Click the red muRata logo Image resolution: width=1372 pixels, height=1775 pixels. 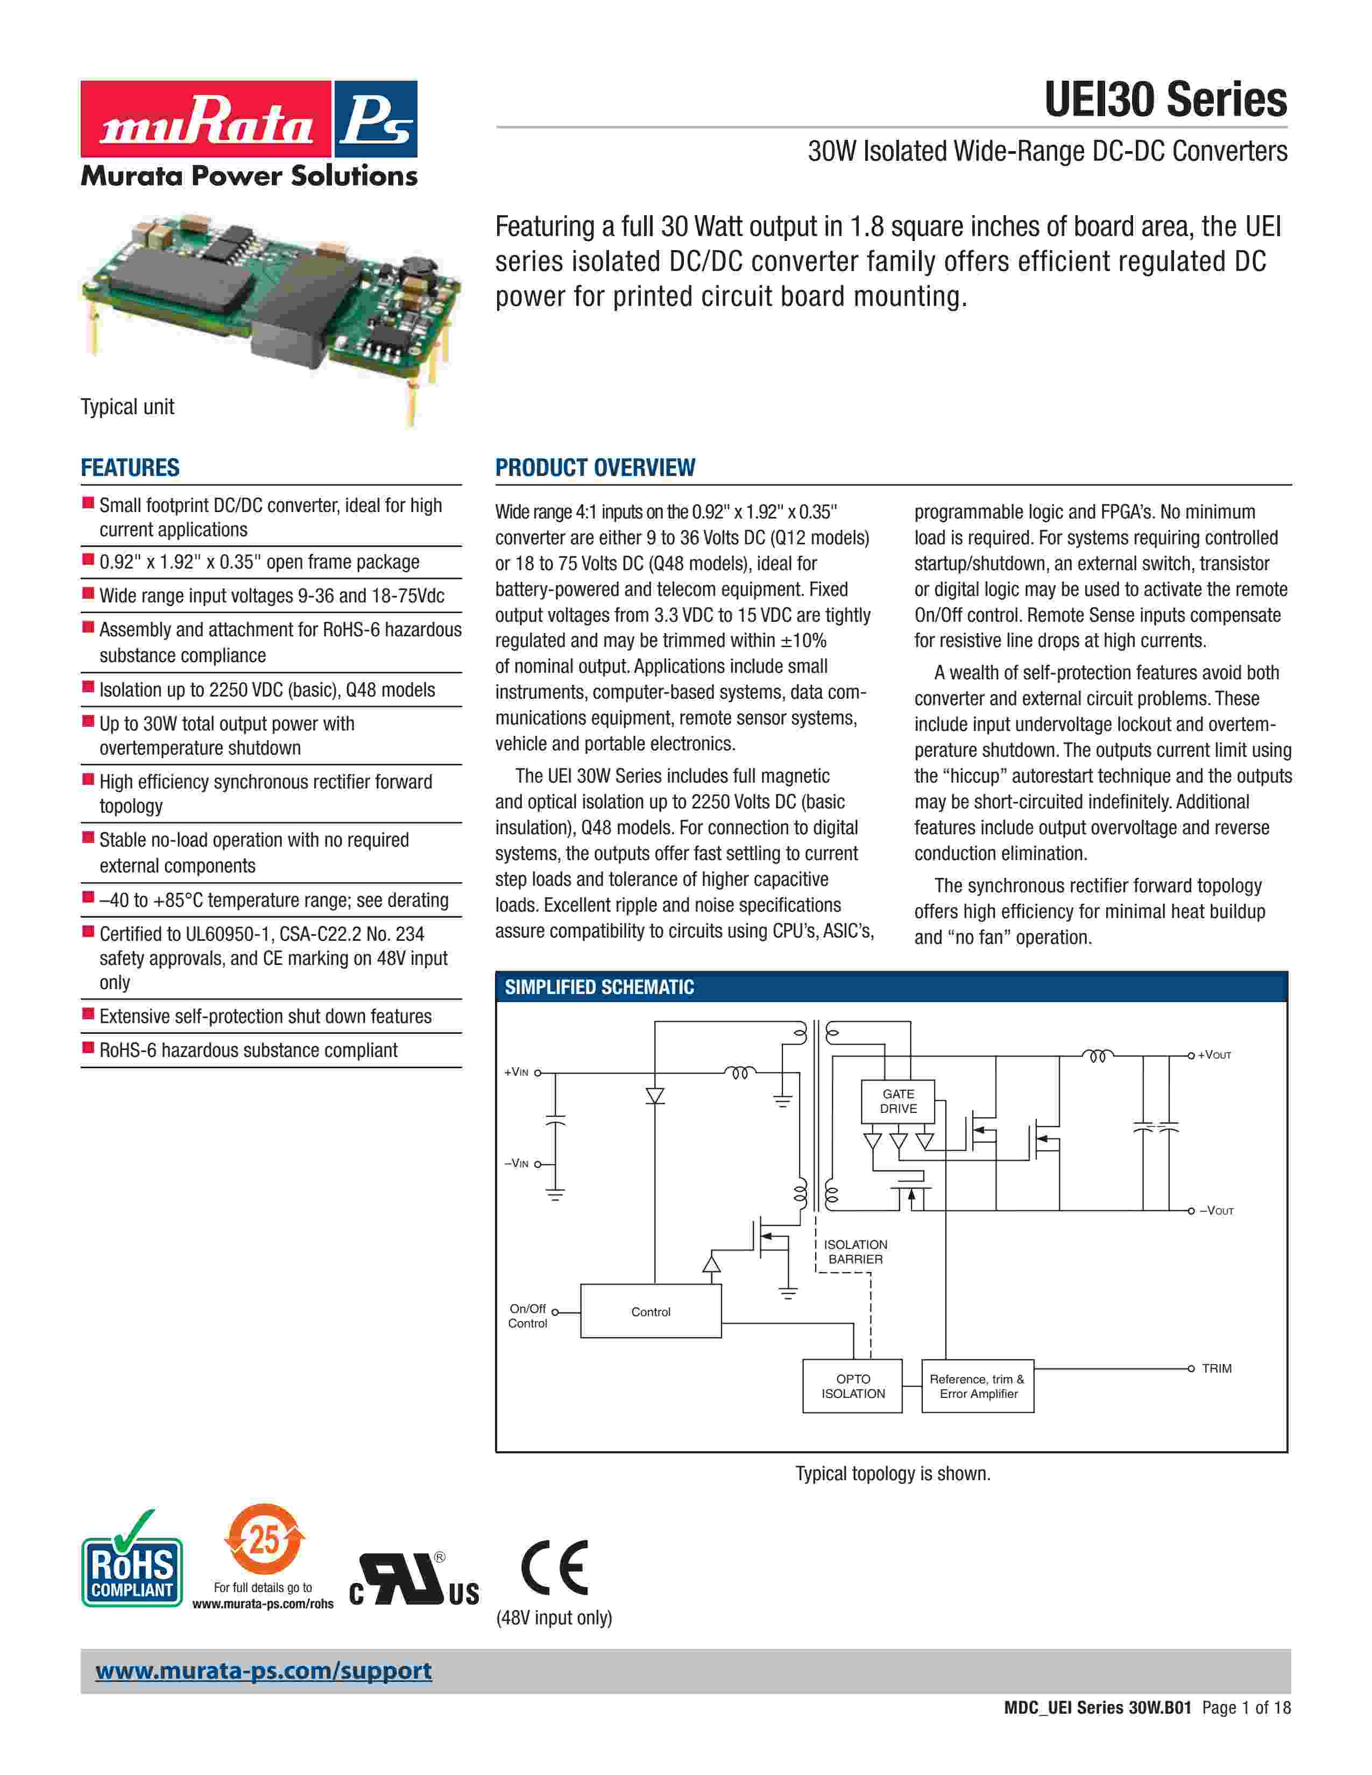tap(206, 119)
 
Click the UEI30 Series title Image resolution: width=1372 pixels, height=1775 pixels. tap(1165, 100)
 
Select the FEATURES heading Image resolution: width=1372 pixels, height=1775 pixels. tap(130, 467)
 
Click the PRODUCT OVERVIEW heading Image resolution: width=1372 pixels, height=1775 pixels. tap(595, 467)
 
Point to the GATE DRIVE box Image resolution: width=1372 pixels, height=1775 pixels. tap(898, 1101)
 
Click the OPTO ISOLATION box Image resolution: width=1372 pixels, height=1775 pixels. tap(853, 1386)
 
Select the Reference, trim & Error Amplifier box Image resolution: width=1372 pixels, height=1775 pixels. tap(978, 1386)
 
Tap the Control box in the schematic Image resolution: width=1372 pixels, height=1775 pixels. tap(651, 1311)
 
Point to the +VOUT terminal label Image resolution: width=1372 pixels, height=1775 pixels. tap(1214, 1055)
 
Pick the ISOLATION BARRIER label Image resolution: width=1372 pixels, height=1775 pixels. tap(855, 1252)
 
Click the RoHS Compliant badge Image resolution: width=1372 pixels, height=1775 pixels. tap(132, 1571)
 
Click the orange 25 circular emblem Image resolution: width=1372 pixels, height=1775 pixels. tap(264, 1539)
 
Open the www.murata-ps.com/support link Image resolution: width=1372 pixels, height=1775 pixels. tap(263, 1671)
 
